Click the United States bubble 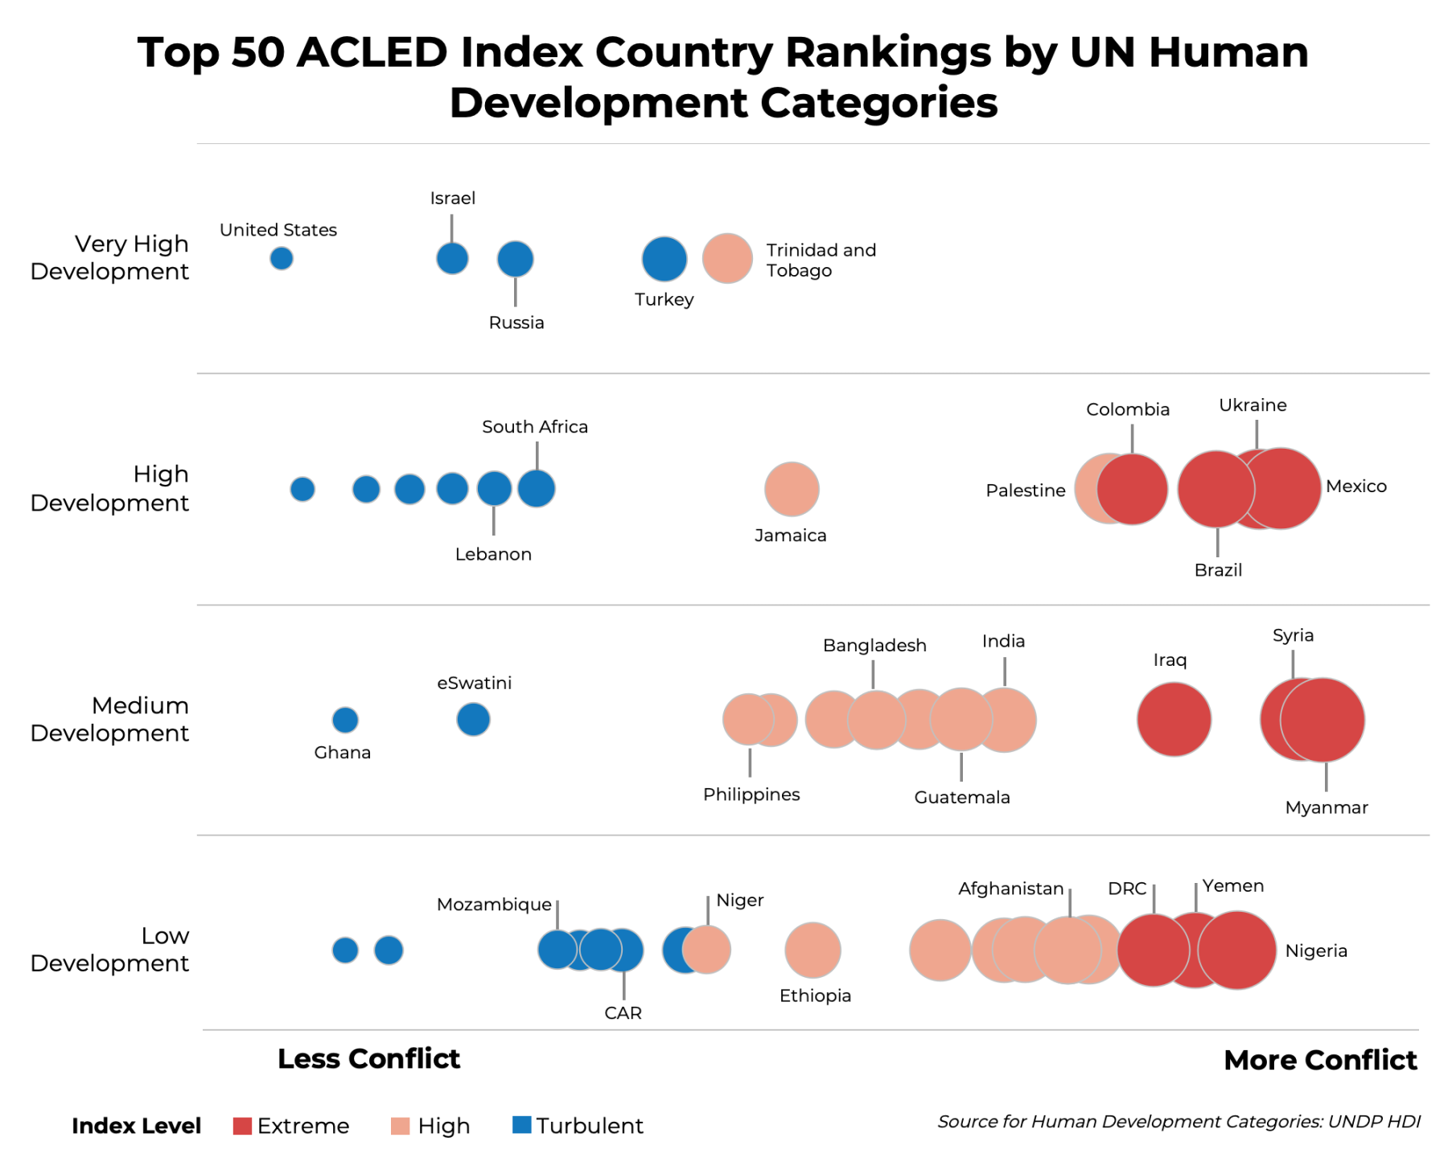click(281, 258)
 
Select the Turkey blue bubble click(664, 259)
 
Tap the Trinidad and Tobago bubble click(727, 259)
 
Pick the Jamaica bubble click(792, 489)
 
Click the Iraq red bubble click(1174, 720)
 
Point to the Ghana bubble click(345, 720)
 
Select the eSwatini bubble click(473, 719)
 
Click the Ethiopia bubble click(812, 951)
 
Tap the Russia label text click(516, 322)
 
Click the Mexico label click(1356, 486)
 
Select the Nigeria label click(1316, 951)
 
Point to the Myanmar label click(1327, 807)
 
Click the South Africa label click(535, 426)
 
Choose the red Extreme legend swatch click(242, 1126)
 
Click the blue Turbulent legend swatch click(521, 1125)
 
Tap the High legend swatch click(400, 1126)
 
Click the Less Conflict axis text click(368, 1059)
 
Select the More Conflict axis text click(1320, 1060)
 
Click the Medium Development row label click(109, 719)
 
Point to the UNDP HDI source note click(1179, 1121)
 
